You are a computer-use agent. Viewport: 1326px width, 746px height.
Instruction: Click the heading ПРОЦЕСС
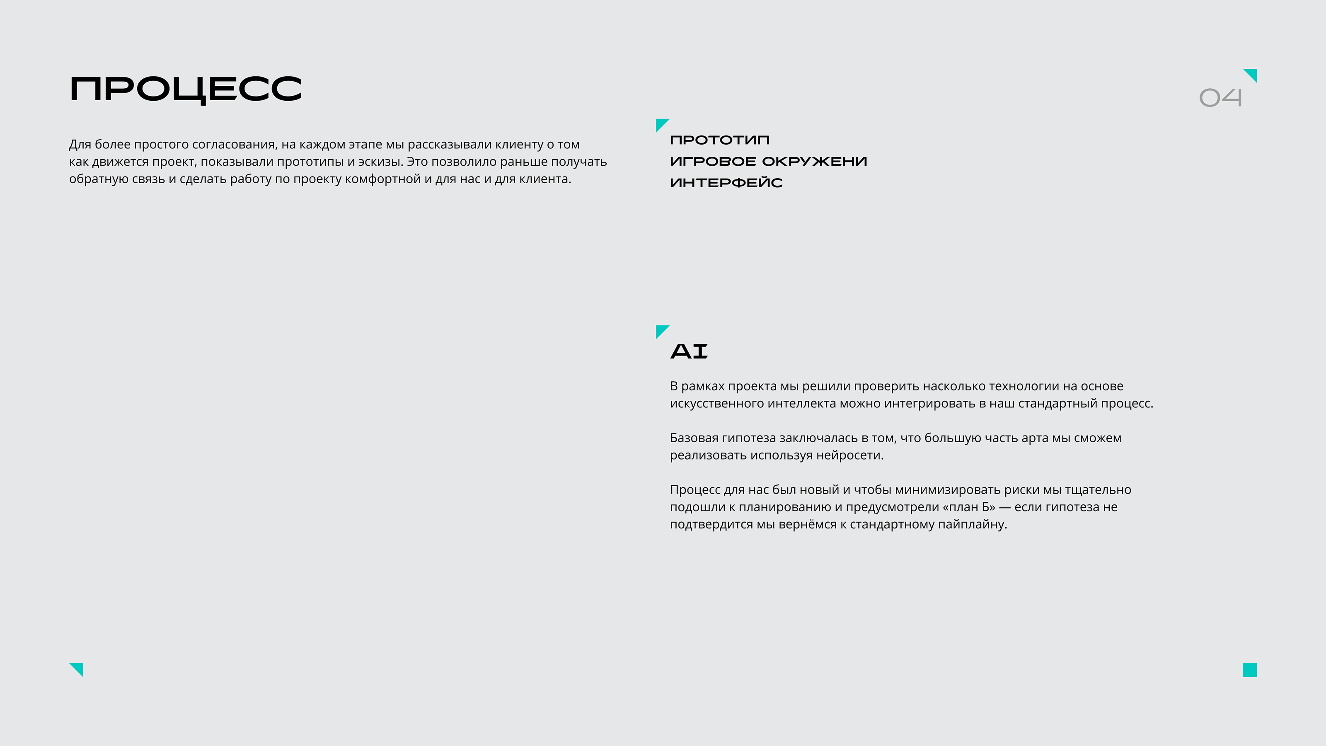pyautogui.click(x=185, y=90)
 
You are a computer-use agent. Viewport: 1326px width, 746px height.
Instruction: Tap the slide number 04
pyautogui.click(x=1220, y=97)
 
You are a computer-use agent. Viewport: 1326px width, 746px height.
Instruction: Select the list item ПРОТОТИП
pyautogui.click(x=719, y=140)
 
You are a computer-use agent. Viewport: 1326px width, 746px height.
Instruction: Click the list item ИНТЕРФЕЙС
pyautogui.click(x=726, y=183)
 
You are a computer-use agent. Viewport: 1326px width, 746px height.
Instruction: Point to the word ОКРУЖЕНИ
pyautogui.click(x=814, y=162)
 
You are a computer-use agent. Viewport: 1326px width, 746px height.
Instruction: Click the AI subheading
pyautogui.click(x=689, y=351)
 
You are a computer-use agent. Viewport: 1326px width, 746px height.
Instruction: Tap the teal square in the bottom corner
pyautogui.click(x=1249, y=670)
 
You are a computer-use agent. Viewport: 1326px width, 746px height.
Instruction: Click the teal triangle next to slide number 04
pyautogui.click(x=1252, y=74)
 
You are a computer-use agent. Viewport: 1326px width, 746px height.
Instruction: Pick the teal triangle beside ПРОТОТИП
pyautogui.click(x=661, y=124)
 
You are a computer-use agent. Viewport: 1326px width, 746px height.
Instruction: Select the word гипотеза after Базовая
pyautogui.click(x=748, y=438)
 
